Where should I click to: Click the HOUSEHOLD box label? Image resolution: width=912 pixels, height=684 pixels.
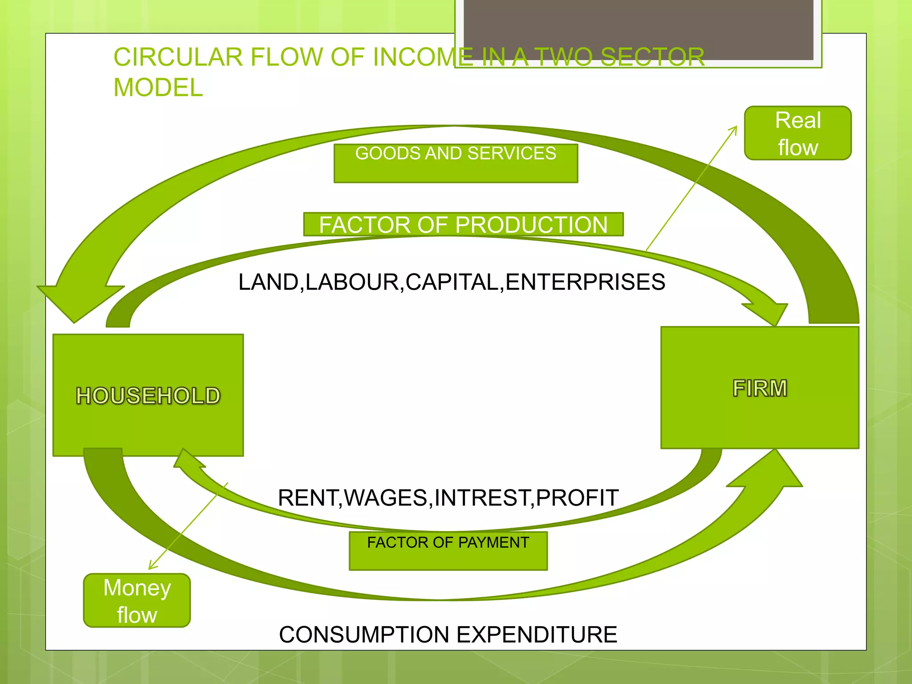[148, 395]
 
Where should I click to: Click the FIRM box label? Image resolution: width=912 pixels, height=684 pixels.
[760, 388]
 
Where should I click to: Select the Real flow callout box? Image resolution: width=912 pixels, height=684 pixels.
[798, 133]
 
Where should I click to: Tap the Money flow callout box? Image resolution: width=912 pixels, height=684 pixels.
[137, 600]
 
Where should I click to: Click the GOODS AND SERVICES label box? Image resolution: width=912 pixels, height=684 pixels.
[456, 163]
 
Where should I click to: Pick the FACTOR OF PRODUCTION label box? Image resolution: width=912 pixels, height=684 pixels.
[463, 224]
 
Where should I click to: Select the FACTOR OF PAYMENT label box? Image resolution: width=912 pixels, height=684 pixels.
[448, 550]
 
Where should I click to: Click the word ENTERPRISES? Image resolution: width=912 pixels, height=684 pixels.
[585, 282]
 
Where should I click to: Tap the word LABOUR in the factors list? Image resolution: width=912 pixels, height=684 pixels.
[352, 282]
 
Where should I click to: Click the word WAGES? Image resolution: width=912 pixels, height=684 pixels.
[386, 497]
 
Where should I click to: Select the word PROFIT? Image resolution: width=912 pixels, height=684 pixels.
[577, 497]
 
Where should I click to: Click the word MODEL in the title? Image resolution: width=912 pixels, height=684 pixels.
[158, 87]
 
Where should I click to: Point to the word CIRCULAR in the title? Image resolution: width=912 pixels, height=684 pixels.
[178, 57]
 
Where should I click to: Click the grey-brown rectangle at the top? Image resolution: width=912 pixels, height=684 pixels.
[638, 29]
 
